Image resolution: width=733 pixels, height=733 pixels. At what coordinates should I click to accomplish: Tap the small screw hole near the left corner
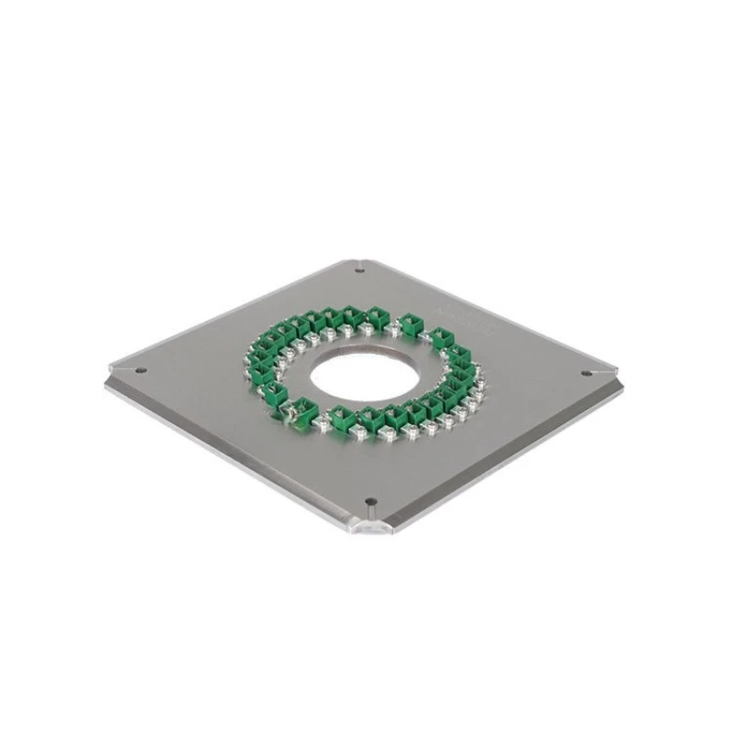tap(140, 370)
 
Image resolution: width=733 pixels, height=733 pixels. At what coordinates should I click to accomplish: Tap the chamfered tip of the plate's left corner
tap(109, 375)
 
